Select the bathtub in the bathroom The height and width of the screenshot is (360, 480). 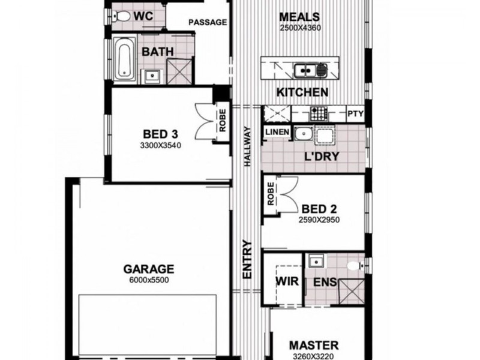click(x=125, y=59)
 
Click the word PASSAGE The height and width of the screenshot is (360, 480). click(x=208, y=23)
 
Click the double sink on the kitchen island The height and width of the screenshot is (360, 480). click(x=313, y=71)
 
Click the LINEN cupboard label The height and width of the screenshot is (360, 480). click(x=277, y=132)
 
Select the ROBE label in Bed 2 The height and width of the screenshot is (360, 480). click(x=271, y=194)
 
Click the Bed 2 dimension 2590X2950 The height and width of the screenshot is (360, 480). click(x=319, y=220)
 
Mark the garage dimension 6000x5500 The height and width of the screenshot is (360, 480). click(x=149, y=280)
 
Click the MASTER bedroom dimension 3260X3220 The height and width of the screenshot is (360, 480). click(x=313, y=356)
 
